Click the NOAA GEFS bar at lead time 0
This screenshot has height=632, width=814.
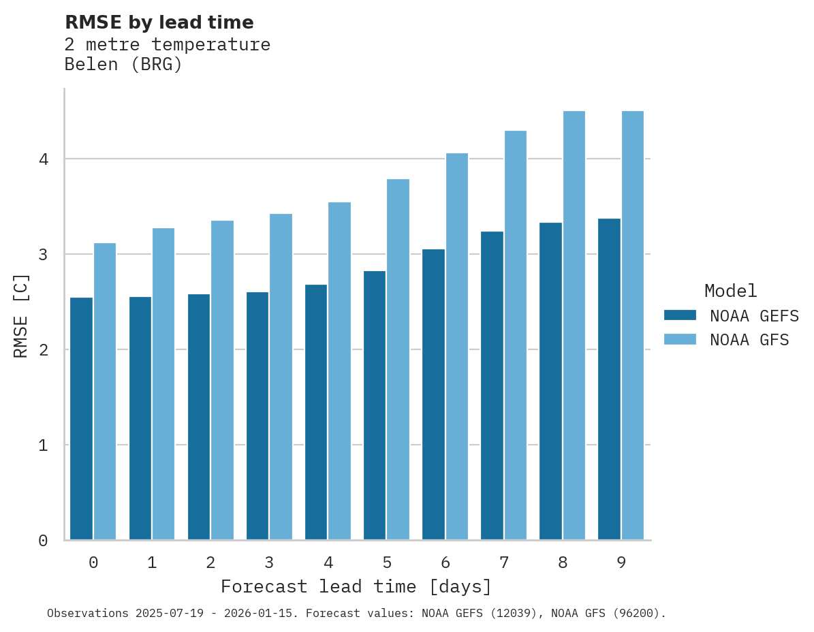(81, 419)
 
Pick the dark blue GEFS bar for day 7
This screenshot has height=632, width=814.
(492, 385)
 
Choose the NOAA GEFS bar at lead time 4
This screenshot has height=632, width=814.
(316, 412)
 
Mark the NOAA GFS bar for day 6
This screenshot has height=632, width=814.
(457, 347)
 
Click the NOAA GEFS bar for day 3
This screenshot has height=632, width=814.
(257, 416)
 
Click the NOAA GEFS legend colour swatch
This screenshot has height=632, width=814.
(680, 315)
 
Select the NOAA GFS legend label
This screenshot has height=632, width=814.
(749, 340)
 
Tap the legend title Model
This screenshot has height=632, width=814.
(730, 291)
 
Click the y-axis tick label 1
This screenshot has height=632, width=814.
(43, 445)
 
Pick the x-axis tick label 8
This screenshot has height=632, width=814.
(563, 563)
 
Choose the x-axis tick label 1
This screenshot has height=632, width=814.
(152, 563)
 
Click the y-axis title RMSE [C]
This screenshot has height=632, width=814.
(21, 315)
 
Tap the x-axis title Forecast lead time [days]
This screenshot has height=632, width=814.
(356, 587)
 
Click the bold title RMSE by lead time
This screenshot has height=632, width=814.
(159, 22)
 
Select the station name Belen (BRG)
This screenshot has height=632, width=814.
(123, 65)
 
